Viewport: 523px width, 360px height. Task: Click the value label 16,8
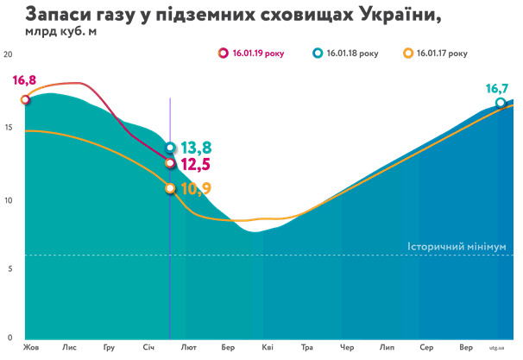point(24,80)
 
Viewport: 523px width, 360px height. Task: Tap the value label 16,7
point(497,88)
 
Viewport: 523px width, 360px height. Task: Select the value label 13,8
point(196,148)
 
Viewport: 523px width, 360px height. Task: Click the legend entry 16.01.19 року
point(257,53)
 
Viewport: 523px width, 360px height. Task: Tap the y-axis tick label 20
point(9,54)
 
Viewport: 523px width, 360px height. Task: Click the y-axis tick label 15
point(9,128)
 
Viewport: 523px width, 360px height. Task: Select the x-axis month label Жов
point(32,348)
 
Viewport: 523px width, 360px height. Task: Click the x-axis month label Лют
point(188,348)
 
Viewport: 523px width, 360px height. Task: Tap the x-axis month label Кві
point(268,348)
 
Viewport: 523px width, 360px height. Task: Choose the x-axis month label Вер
point(466,348)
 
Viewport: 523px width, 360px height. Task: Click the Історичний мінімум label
point(457,248)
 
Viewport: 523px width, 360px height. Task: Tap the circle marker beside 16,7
point(501,103)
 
